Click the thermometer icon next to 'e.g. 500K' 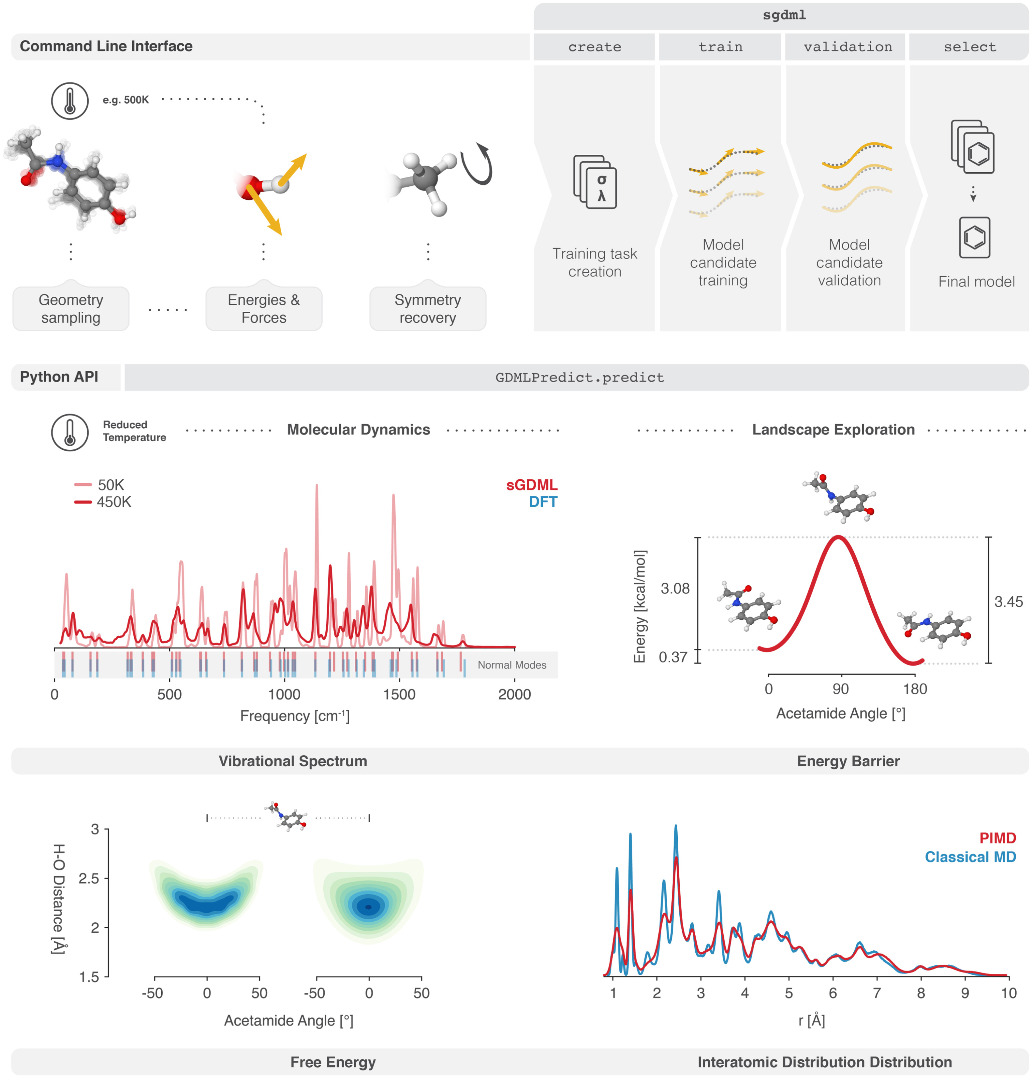(70, 101)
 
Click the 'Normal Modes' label (511, 665)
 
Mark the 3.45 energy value (1008, 602)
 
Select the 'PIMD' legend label (997, 838)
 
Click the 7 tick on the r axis (877, 993)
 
